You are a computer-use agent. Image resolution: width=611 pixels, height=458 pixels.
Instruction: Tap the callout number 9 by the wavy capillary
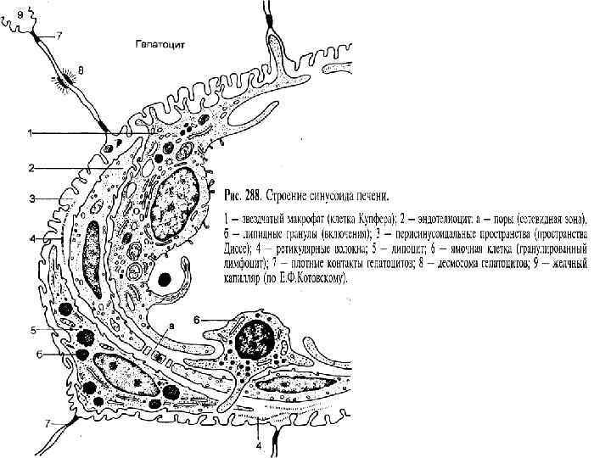tap(9, 13)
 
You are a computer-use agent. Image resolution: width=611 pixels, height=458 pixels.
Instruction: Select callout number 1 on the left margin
tap(31, 133)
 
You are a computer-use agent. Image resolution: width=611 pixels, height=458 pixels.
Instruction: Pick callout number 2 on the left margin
tap(31, 167)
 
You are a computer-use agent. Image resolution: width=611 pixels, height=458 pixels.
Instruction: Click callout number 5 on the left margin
tap(34, 329)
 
